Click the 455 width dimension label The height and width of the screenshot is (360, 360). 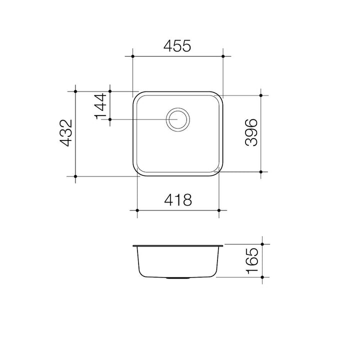177,45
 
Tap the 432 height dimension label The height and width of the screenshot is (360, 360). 66,133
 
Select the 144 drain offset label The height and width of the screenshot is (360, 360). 100,106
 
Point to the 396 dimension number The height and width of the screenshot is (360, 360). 251,132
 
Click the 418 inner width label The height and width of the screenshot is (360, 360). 178,199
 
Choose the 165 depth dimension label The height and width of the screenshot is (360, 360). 252,260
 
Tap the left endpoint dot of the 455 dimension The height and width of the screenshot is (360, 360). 132,56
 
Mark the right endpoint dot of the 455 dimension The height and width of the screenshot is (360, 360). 223,56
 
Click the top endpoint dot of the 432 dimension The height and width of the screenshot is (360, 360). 75,91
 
